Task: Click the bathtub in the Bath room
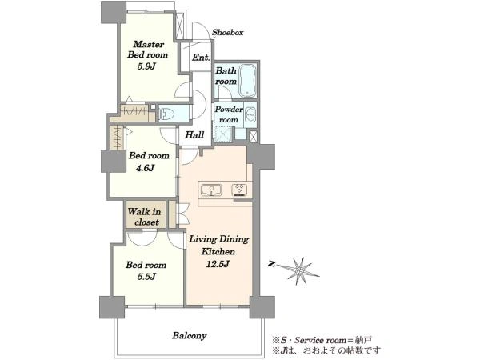[247, 81]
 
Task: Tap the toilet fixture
[167, 114]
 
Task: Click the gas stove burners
[240, 190]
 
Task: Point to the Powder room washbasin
[250, 114]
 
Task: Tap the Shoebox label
[228, 33]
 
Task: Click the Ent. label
[201, 58]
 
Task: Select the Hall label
[194, 134]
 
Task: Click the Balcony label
[189, 336]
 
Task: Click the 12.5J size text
[218, 264]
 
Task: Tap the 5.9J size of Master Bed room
[147, 66]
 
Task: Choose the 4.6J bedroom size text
[146, 168]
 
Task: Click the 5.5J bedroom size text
[146, 277]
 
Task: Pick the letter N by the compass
[271, 264]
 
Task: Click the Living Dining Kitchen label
[218, 246]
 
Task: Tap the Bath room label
[226, 76]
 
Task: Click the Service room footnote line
[322, 340]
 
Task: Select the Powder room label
[229, 114]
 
